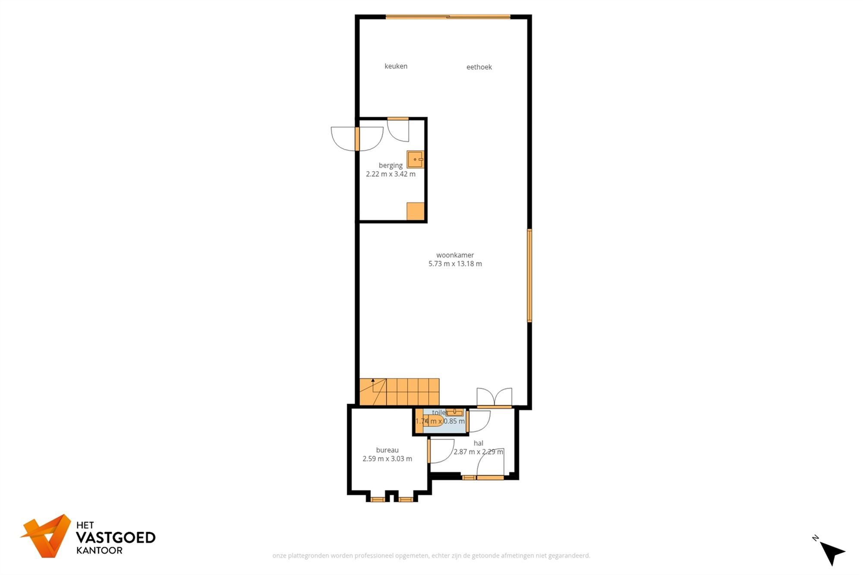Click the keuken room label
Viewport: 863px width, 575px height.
[x=396, y=66]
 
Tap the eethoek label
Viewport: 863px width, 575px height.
[x=479, y=67]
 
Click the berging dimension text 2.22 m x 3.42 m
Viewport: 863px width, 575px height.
[x=391, y=174]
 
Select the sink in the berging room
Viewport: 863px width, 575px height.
[x=415, y=159]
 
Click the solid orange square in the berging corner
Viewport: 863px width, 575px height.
[x=415, y=211]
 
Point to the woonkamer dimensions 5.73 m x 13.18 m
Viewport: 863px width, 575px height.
[x=455, y=264]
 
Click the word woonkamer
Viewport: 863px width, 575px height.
[x=455, y=255]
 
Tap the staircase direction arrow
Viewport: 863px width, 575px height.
[x=373, y=381]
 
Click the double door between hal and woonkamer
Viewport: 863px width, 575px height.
[x=494, y=398]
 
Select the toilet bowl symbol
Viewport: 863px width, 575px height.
[x=433, y=421]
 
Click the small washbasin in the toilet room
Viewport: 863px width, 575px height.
[x=454, y=412]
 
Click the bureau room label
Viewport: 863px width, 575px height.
[x=387, y=450]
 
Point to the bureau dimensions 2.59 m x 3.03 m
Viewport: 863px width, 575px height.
[x=387, y=459]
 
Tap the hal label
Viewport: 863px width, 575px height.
[x=478, y=443]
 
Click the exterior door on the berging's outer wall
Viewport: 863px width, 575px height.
[x=357, y=139]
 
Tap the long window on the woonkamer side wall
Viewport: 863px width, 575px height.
[x=529, y=276]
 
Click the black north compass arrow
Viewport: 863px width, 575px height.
[x=832, y=552]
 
